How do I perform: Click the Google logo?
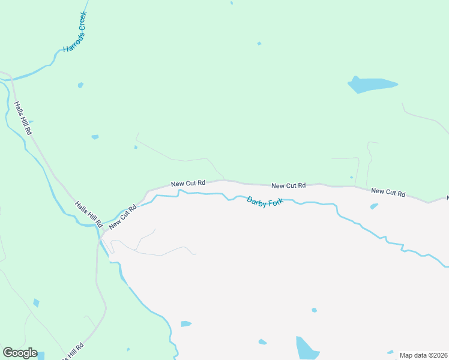click(20, 353)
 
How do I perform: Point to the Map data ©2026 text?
click(423, 355)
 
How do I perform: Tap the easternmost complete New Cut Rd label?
click(388, 193)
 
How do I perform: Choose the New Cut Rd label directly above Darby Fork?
click(288, 186)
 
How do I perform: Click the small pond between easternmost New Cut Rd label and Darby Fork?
click(374, 206)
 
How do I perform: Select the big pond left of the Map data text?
click(307, 348)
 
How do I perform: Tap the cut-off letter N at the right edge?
click(447, 197)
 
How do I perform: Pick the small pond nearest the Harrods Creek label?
click(80, 85)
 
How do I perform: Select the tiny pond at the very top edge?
click(232, 2)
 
